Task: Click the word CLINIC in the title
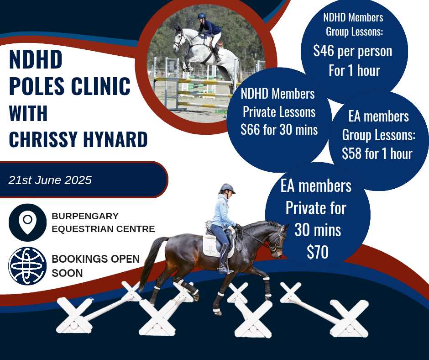tap(100, 86)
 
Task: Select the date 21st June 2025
tap(50, 180)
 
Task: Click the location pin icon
tap(28, 222)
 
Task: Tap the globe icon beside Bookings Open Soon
tap(27, 266)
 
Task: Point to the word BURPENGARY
tap(85, 216)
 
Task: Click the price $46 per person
tap(353, 51)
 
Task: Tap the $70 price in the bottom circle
tap(317, 252)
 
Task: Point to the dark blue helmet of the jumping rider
tap(201, 16)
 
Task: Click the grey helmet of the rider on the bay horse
tap(228, 188)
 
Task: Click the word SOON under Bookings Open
tap(67, 273)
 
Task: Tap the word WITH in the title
tap(28, 112)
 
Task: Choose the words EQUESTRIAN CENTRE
tap(103, 229)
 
